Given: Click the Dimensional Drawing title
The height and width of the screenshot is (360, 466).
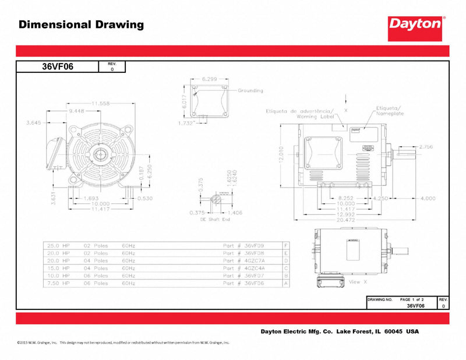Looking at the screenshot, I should pyautogui.click(x=81, y=24).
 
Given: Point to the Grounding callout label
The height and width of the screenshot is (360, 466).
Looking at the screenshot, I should pyautogui.click(x=250, y=91).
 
